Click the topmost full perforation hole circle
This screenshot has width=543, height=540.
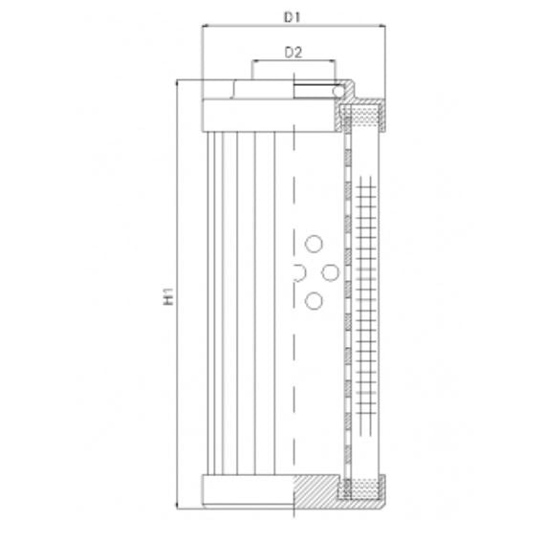point(313,243)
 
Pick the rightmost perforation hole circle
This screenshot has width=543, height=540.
point(330,273)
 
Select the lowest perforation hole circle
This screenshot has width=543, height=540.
point(313,302)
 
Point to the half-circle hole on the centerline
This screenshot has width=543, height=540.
point(298,273)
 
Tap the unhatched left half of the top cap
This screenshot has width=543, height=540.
point(246,114)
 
